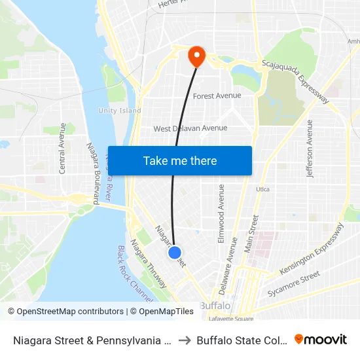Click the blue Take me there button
pyautogui.click(x=180, y=160)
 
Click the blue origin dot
pyautogui.click(x=174, y=252)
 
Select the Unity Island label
pyautogui.click(x=120, y=111)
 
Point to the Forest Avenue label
pyautogui.click(x=217, y=96)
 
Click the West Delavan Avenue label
pyautogui.click(x=190, y=128)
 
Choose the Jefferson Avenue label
pyautogui.click(x=310, y=149)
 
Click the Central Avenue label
pyautogui.click(x=63, y=148)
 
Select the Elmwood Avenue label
pyautogui.click(x=221, y=213)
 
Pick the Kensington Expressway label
pyautogui.click(x=312, y=249)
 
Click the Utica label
pyautogui.click(x=262, y=189)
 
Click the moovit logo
pyautogui.click(x=320, y=339)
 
